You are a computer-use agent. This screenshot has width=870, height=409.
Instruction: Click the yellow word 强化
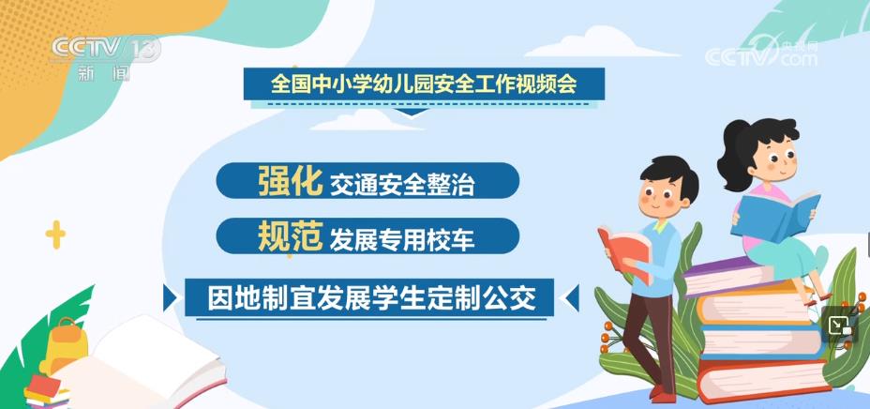pos(290,180)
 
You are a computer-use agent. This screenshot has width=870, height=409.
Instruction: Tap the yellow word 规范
pos(290,235)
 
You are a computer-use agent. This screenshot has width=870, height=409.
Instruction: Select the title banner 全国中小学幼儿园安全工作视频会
pos(424,83)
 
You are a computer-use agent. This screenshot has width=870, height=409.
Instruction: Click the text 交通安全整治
pos(402,185)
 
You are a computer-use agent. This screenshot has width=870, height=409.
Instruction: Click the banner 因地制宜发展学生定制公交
pos(369,298)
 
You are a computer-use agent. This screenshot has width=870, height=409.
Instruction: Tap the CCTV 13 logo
pos(105,56)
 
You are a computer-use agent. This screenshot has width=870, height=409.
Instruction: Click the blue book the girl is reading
pos(775,214)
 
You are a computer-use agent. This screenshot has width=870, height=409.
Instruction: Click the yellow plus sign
pos(55,235)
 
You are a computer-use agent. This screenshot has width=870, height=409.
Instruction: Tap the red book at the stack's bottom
pos(764,381)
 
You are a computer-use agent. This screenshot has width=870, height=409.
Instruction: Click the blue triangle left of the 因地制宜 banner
pos(170,298)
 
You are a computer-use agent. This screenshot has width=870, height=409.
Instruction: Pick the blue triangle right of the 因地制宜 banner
pos(572,298)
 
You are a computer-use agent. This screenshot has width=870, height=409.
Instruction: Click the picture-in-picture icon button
pos(839,326)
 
